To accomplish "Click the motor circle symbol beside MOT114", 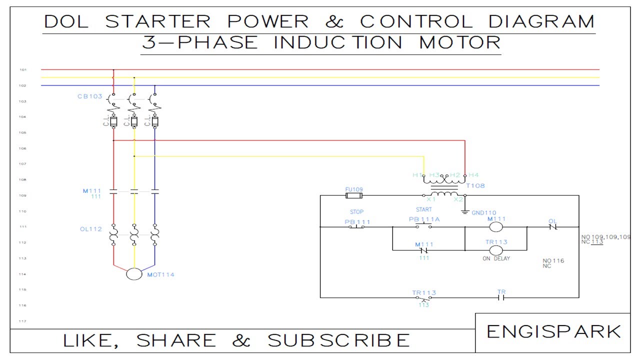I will coord(134,274).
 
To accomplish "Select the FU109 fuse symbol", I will coord(354,195).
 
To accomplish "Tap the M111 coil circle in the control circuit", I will coord(495,227).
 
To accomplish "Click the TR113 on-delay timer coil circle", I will coord(495,250).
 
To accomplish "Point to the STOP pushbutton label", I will coord(356,212).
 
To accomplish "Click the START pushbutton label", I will coord(423,210).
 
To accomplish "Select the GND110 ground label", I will coord(484,213).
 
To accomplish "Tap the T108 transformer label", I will coord(475,186).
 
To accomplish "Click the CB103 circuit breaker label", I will coord(90,96).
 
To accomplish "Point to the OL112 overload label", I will coord(91,229).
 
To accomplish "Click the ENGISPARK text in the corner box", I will coord(553,331).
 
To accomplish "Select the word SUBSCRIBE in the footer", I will coord(339,340).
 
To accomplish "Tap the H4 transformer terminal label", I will coord(473,175).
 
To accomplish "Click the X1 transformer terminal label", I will coord(431,199).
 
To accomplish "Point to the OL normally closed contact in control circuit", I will coord(552,227).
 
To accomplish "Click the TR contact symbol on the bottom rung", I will coord(501,297).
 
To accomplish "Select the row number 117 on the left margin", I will coord(22,321).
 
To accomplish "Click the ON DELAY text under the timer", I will coord(496,258).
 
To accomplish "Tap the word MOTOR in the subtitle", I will coord(459,42).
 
